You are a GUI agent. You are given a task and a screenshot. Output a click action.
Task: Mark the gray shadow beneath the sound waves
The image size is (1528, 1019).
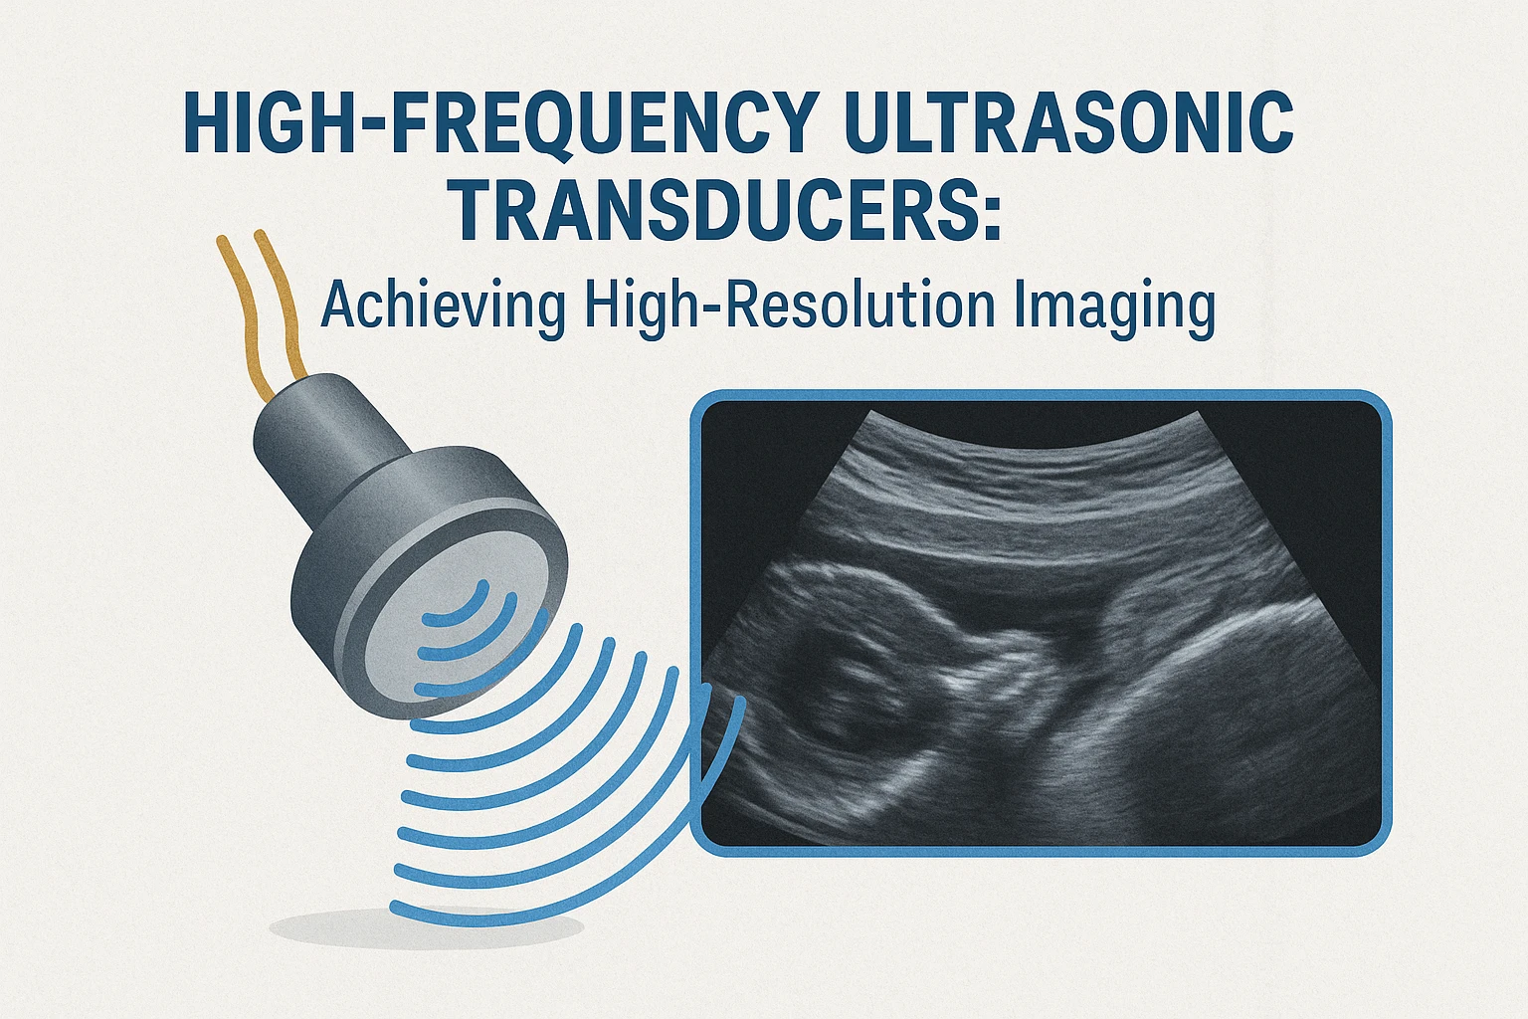click(x=427, y=928)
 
